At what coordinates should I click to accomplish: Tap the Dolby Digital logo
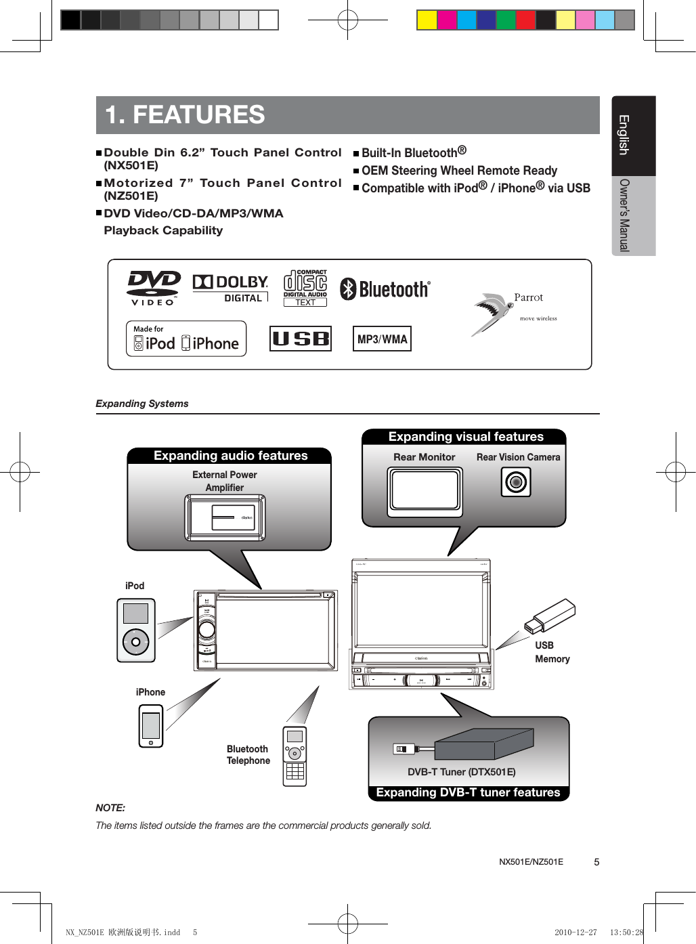click(x=230, y=288)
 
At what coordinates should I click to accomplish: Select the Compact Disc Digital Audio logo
click(x=305, y=288)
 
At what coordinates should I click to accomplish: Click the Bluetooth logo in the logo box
click(x=385, y=289)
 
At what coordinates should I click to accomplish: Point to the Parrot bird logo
click(x=493, y=312)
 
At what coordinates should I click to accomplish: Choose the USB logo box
click(x=301, y=339)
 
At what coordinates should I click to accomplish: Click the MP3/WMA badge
click(x=382, y=339)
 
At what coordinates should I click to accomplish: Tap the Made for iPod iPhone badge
click(x=186, y=339)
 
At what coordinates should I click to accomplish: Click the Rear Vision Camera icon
click(x=516, y=482)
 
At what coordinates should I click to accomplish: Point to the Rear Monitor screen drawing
click(x=425, y=491)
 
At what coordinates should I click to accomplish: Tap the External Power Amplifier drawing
click(x=225, y=517)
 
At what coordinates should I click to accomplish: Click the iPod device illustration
click(x=136, y=630)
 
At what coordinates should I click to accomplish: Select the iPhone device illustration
click(x=151, y=725)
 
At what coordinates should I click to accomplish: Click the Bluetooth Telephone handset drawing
click(x=295, y=756)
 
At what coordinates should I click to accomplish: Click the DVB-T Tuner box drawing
click(x=483, y=744)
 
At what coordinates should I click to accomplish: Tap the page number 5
click(x=596, y=862)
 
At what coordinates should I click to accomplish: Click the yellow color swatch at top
click(x=427, y=20)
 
